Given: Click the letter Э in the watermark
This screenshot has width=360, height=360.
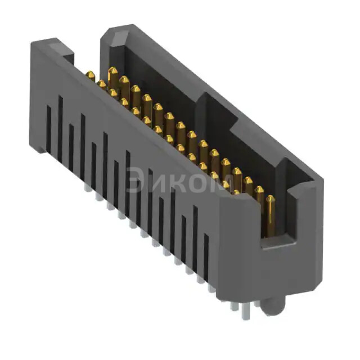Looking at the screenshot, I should (137, 181).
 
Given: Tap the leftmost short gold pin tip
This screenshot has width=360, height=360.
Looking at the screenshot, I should (90, 75).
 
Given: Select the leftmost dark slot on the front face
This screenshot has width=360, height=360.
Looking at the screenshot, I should (48, 129).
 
